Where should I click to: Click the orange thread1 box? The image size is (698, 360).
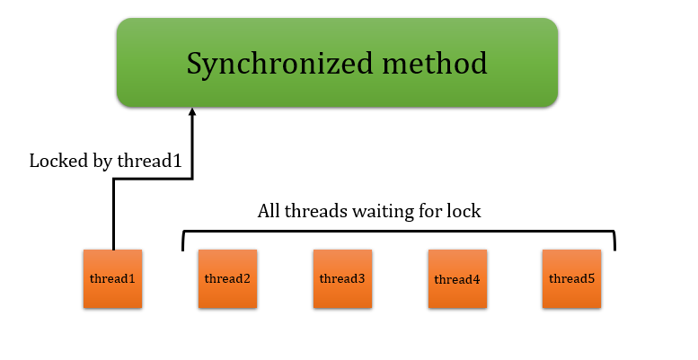point(112,279)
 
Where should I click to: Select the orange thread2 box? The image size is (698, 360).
point(227,279)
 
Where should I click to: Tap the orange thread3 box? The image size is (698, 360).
point(342,279)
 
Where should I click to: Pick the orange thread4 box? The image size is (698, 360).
point(457,279)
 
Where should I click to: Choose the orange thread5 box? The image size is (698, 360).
point(571,279)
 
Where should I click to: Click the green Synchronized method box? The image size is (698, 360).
point(337,63)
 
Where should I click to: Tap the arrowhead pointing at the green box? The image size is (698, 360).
point(191,113)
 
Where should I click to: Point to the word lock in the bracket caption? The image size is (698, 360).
point(464,213)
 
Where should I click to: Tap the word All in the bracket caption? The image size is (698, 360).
point(269,213)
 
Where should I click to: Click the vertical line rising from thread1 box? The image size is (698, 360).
point(113,215)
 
